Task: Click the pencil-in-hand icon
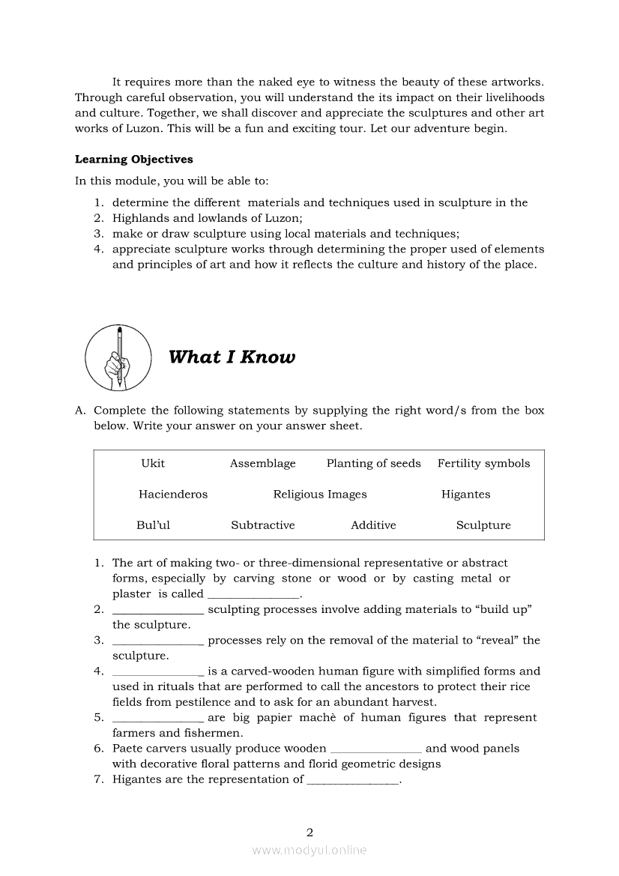pyautogui.click(x=118, y=357)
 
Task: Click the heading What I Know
pyautogui.click(x=232, y=357)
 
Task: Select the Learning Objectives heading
pyautogui.click(x=133, y=159)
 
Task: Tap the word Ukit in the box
pyautogui.click(x=153, y=463)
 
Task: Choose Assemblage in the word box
pyautogui.click(x=262, y=463)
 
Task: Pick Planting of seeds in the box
pyautogui.click(x=373, y=463)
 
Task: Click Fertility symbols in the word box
pyautogui.click(x=483, y=463)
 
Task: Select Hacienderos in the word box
pyautogui.click(x=173, y=494)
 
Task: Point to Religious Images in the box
pyautogui.click(x=320, y=494)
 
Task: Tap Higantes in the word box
pyautogui.click(x=465, y=494)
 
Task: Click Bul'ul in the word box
pyautogui.click(x=153, y=525)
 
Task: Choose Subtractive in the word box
pyautogui.click(x=262, y=525)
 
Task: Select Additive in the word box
pyautogui.click(x=373, y=525)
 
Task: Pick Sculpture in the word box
pyautogui.click(x=483, y=525)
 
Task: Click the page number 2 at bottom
pyautogui.click(x=309, y=832)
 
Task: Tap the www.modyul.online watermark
pyautogui.click(x=309, y=850)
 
